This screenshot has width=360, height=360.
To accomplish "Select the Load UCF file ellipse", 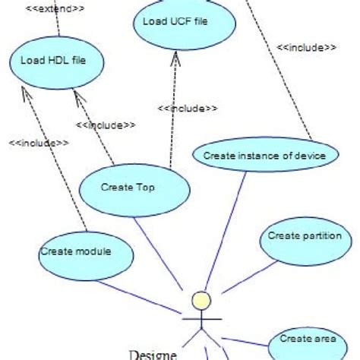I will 175,22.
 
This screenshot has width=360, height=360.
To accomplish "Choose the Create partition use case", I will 306,237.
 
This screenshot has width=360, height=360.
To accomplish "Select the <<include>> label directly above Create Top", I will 106,125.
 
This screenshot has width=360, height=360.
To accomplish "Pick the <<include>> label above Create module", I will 38,142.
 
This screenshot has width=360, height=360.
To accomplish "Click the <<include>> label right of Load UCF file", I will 306,47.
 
